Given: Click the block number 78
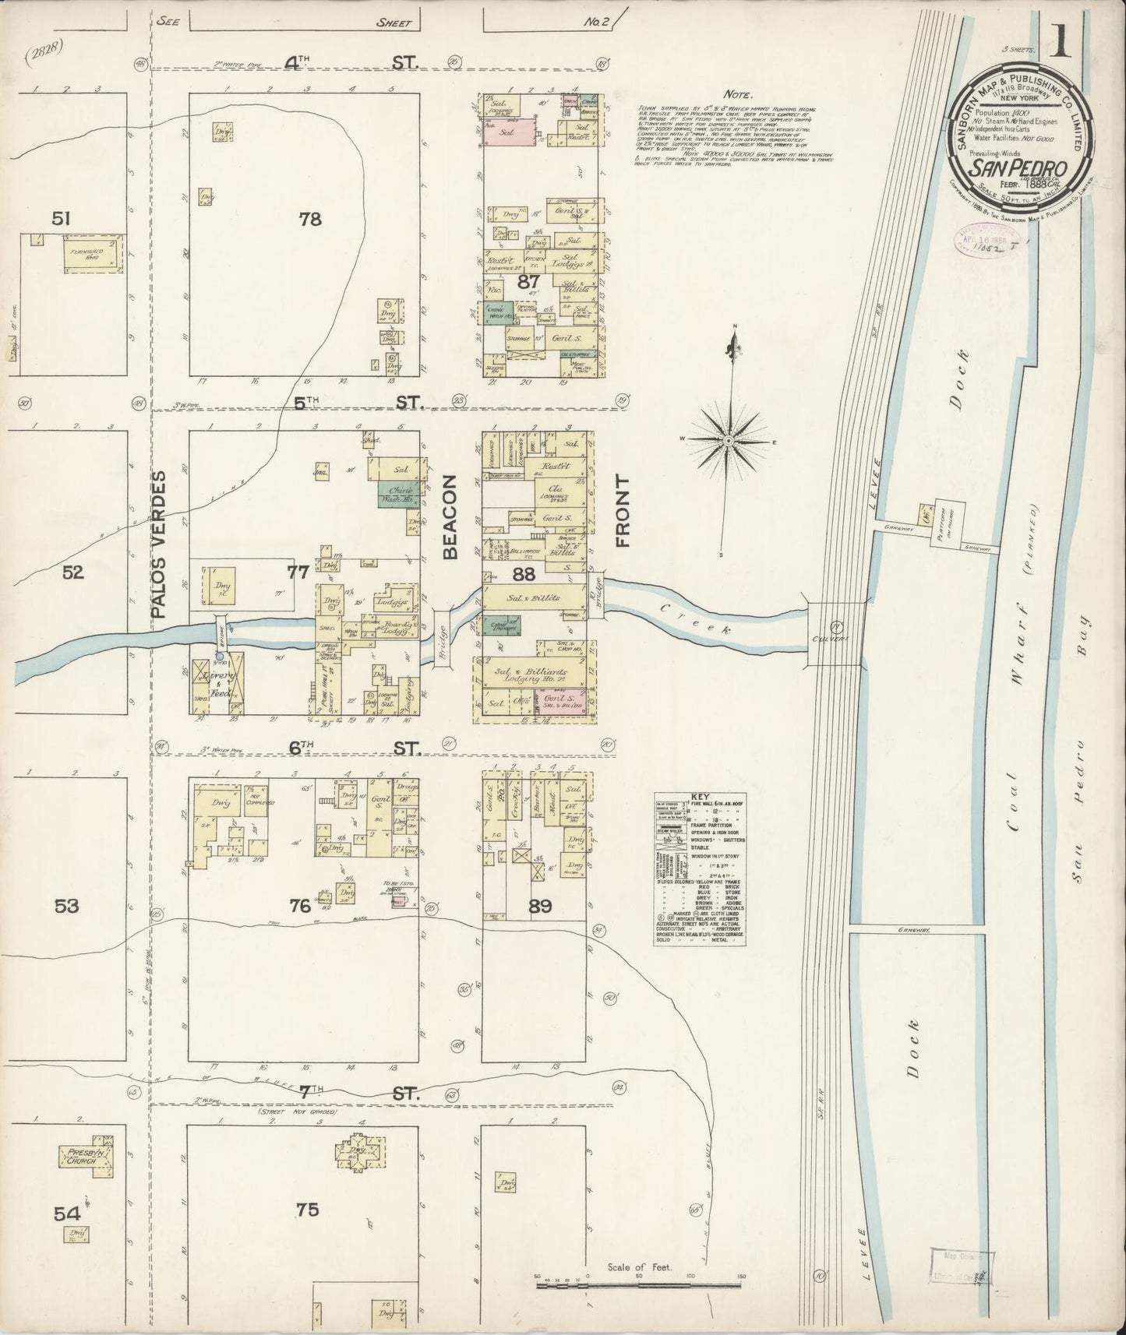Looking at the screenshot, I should point(309,220).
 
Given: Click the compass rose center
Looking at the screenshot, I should point(728,442).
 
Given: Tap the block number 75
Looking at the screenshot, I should point(308,1210).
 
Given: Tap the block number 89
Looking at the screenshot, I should point(540,906).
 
